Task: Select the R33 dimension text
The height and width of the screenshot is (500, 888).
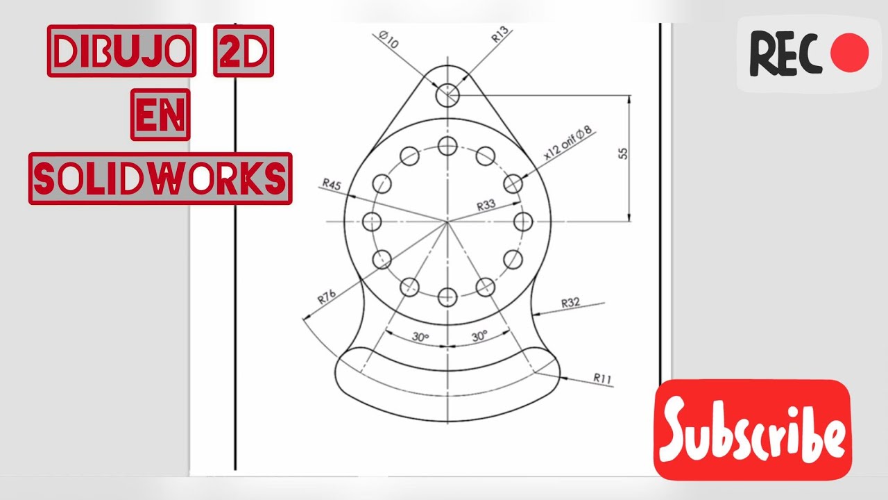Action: [x=487, y=206]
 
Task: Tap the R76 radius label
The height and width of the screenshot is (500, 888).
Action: [x=327, y=298]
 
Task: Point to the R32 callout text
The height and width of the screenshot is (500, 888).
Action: [x=570, y=302]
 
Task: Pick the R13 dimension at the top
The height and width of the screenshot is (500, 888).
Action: [x=500, y=36]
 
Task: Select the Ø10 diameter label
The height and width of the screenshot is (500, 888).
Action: [x=389, y=39]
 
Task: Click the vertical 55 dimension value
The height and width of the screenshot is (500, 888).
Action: [x=622, y=153]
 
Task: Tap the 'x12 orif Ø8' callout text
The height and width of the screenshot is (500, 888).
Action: [x=567, y=143]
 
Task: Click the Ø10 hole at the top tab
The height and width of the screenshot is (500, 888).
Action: [x=448, y=95]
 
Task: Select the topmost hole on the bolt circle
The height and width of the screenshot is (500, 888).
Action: [x=448, y=146]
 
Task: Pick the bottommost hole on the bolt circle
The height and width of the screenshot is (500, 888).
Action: [x=448, y=297]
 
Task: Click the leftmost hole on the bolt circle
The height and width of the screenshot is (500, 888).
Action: [x=373, y=222]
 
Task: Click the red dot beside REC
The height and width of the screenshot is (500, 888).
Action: [x=849, y=54]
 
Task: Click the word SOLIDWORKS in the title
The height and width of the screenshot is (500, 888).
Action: [x=160, y=178]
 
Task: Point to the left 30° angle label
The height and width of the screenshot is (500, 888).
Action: [x=420, y=336]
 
